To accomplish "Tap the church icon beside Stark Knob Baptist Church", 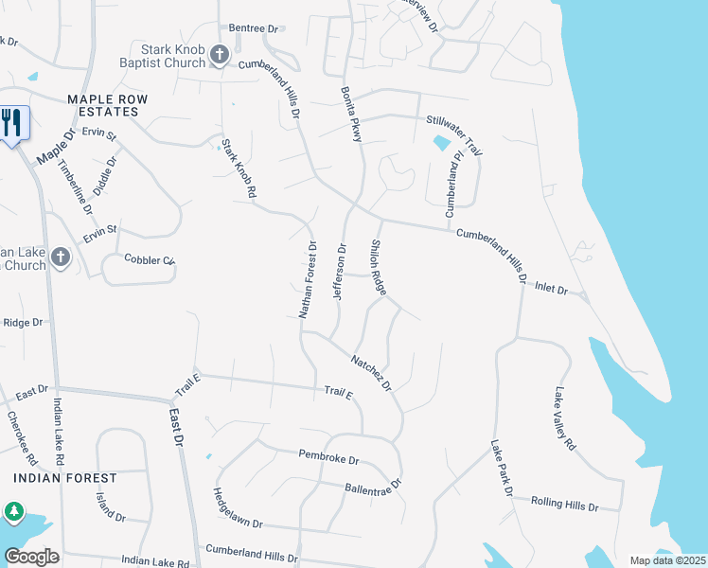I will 220,56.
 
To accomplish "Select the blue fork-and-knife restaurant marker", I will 12,123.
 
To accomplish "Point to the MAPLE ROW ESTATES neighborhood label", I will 102,105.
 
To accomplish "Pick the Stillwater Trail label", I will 454,133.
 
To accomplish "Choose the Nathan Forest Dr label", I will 307,280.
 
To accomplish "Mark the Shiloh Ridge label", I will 378,268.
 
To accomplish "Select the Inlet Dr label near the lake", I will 550,288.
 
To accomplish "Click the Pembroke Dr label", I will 329,459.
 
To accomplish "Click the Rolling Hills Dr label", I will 565,504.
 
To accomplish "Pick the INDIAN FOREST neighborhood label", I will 65,478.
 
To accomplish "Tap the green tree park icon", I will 13,512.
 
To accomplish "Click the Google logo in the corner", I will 32,556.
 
